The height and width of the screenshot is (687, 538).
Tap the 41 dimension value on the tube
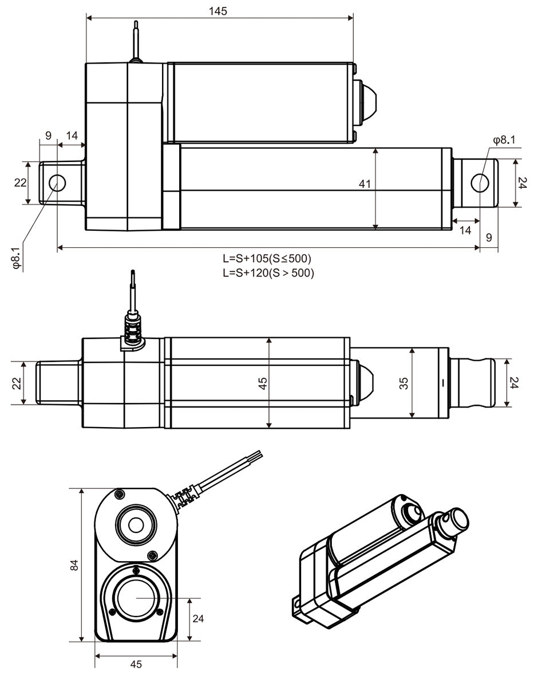[x=365, y=184]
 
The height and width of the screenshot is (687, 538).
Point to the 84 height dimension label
[x=73, y=565]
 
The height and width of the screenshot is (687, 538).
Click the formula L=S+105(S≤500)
[x=268, y=258]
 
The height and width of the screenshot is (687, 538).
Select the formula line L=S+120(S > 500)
[x=268, y=273]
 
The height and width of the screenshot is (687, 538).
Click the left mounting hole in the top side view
[x=57, y=183]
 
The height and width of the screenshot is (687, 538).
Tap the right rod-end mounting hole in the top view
[x=480, y=183]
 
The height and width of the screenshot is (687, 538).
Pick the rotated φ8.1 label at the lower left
[x=17, y=258]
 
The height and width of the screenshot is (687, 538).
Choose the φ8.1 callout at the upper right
[x=504, y=139]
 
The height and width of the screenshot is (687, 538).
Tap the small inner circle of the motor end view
[x=136, y=524]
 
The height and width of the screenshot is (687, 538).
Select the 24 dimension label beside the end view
[x=198, y=618]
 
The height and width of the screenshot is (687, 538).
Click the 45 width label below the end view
[x=136, y=664]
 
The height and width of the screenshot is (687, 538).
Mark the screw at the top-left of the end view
[x=119, y=494]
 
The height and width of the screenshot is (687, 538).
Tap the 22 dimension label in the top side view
[x=20, y=183]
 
